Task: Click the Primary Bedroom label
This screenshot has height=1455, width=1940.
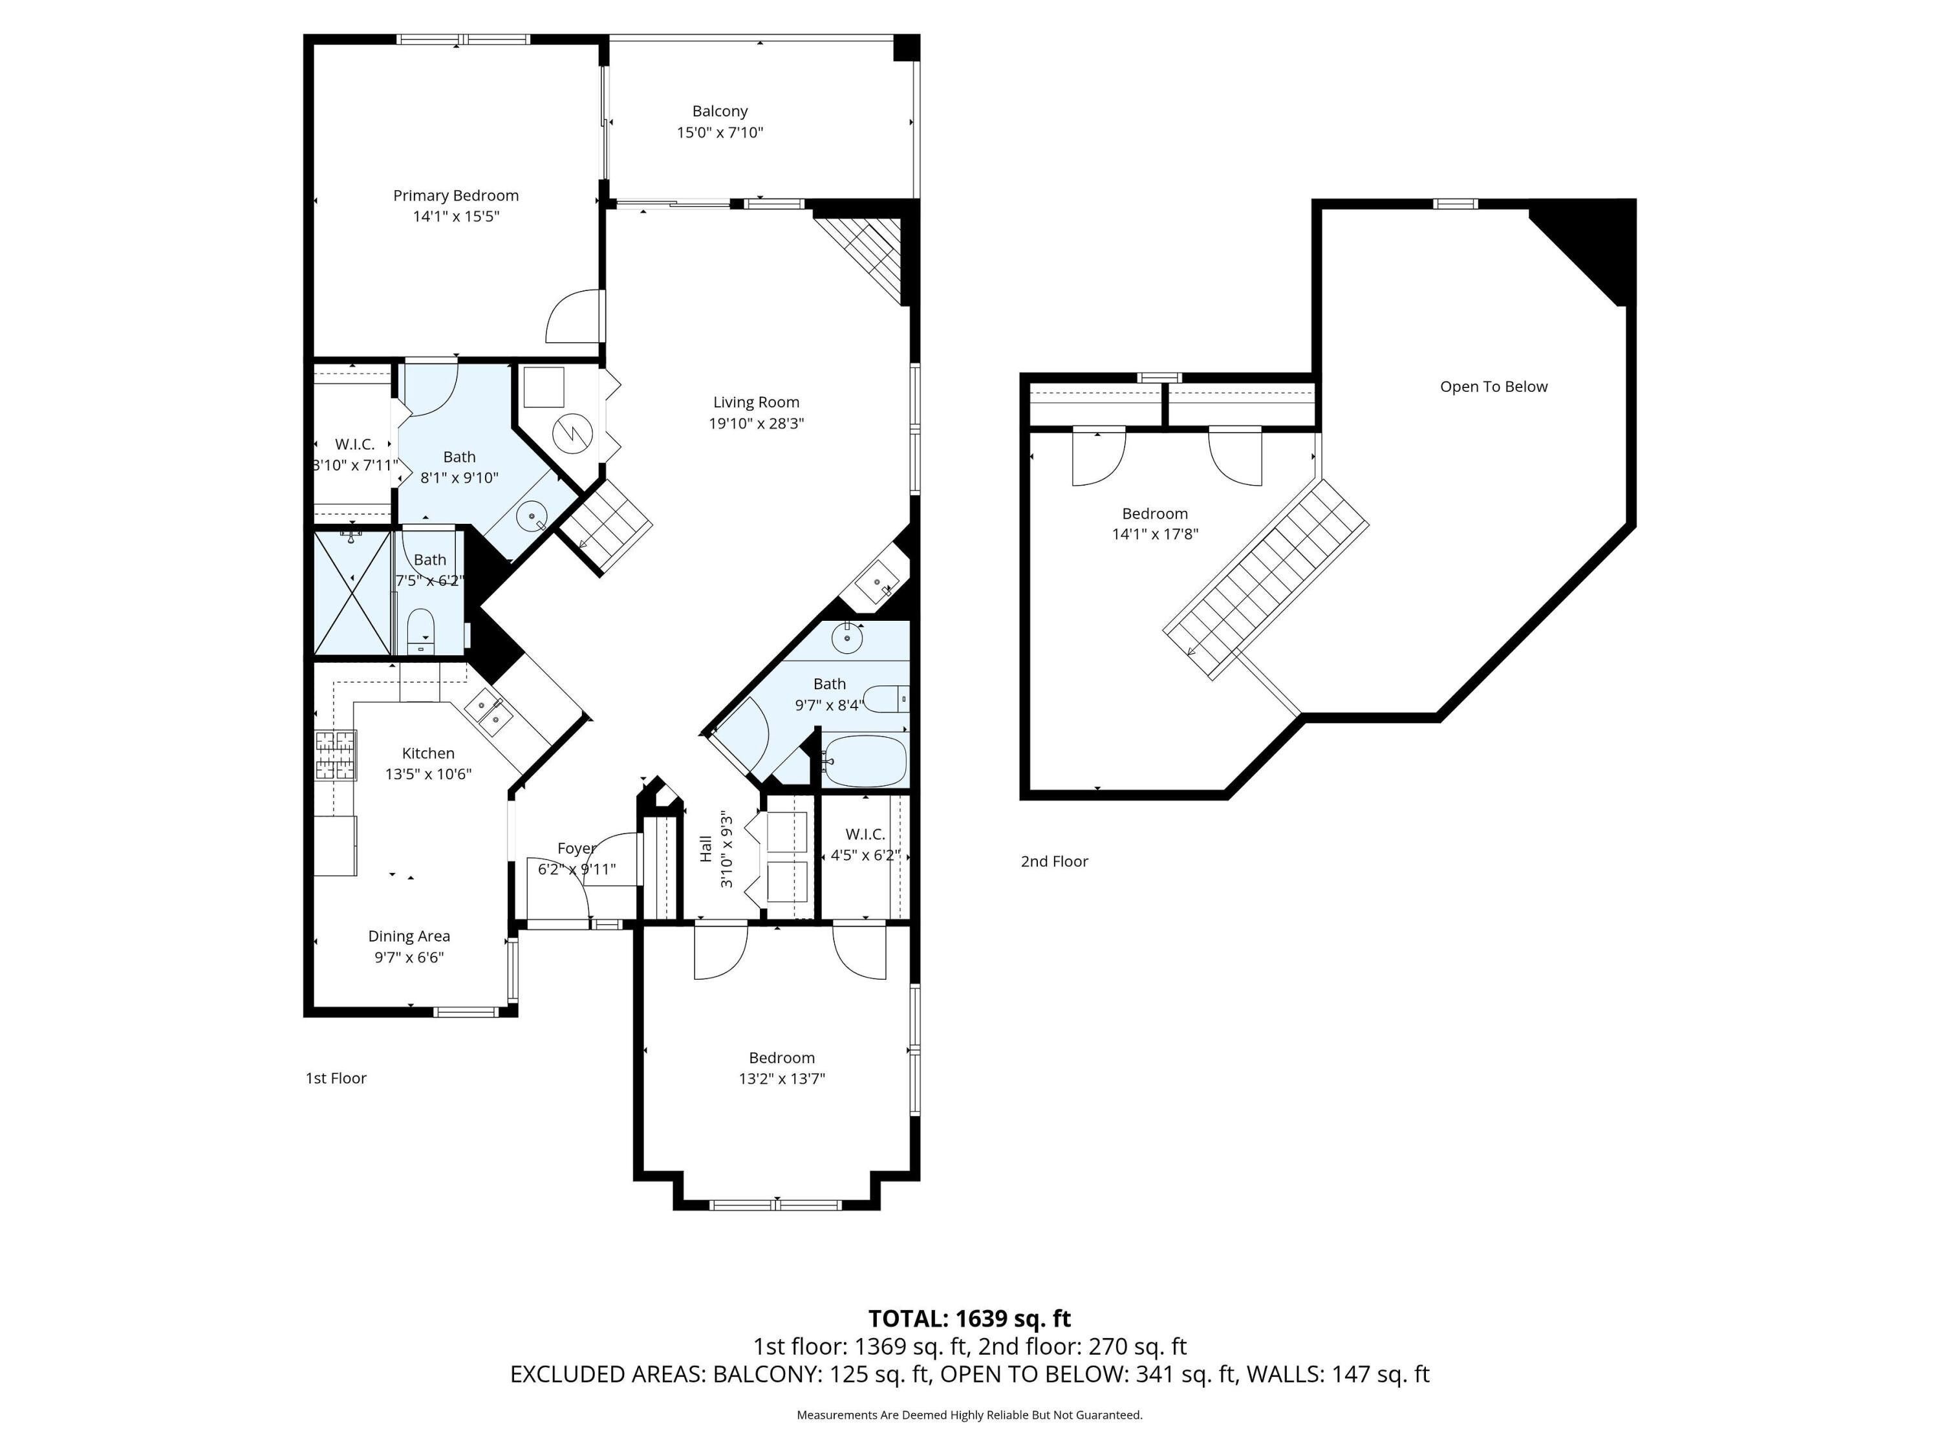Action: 455,195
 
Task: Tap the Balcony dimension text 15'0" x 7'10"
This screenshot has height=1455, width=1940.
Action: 720,133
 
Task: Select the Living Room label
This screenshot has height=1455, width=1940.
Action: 756,403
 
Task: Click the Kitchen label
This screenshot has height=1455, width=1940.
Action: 428,753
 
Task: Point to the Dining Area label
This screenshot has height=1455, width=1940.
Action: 409,936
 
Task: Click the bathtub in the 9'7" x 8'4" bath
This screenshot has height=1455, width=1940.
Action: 865,760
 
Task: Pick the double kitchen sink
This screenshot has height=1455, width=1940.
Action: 488,711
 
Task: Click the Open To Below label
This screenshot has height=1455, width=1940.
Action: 1494,387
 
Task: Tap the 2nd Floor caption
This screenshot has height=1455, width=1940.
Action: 1054,861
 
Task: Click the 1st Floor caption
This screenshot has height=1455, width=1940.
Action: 336,1078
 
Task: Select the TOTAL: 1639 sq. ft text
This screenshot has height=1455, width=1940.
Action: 969,1318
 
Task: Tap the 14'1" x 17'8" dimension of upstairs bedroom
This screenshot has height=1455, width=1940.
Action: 1155,534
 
